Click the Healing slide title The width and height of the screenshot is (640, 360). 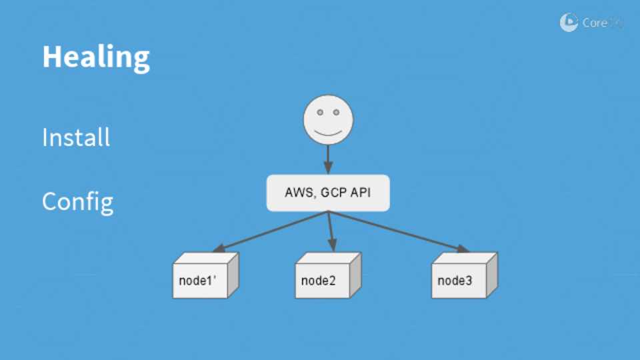tap(96, 57)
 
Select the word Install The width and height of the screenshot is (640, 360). tap(76, 138)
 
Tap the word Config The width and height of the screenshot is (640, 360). tap(77, 201)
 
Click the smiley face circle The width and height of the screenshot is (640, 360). tap(328, 121)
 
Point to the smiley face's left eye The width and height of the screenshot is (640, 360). tap(320, 113)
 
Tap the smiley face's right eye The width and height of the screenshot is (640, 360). tap(337, 113)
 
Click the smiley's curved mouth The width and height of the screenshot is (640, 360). tap(328, 131)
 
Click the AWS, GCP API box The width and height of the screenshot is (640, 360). tap(328, 193)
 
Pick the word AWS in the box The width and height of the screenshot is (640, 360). tap(298, 193)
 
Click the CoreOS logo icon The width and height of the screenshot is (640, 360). tap(569, 23)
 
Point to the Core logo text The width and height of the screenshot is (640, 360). tap(595, 23)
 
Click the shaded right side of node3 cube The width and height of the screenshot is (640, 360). tap(491, 275)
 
